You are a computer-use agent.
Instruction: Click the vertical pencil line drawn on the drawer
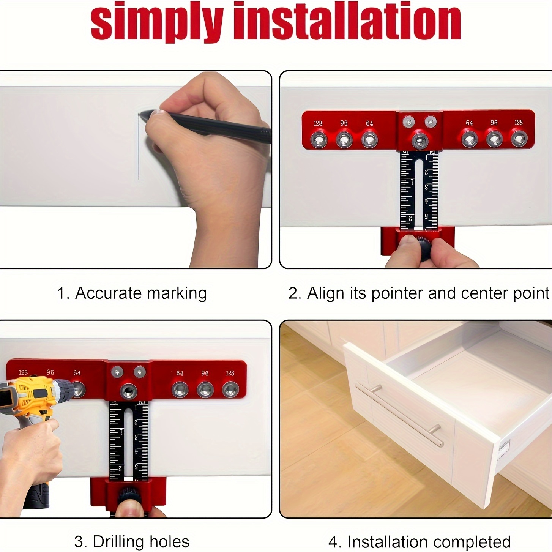[139, 152]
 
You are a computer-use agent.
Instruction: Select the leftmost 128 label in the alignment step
[318, 123]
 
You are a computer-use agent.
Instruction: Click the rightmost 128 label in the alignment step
[519, 123]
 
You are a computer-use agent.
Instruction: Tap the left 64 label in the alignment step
[369, 123]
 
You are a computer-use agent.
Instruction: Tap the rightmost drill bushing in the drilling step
[230, 390]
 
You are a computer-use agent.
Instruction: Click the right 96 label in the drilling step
[205, 373]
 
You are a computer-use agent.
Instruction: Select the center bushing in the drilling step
[128, 391]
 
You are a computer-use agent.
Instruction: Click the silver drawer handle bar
[399, 416]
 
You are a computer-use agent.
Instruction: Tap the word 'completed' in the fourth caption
[475, 542]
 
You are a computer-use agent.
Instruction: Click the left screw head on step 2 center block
[409, 121]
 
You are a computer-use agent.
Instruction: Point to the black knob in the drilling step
[129, 495]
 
